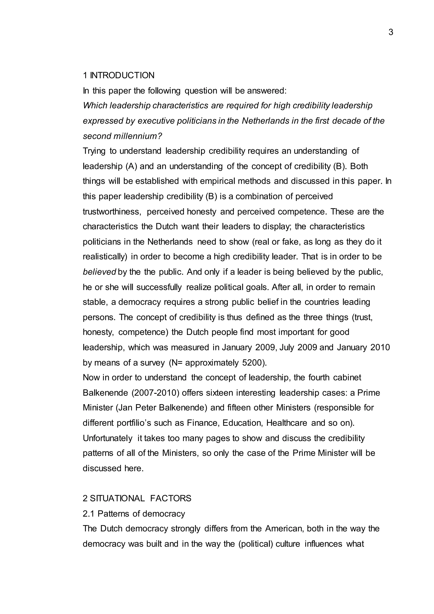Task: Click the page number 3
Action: tap(391, 32)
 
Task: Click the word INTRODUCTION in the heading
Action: tap(122, 76)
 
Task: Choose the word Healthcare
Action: tap(287, 423)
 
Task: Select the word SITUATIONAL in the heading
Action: tap(117, 498)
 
